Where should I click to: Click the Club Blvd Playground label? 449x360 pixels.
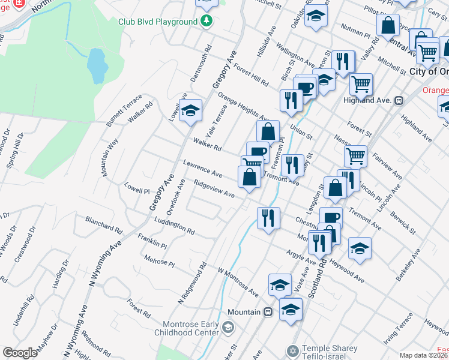[x=157, y=22]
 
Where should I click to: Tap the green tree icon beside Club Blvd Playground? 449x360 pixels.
[x=207, y=22]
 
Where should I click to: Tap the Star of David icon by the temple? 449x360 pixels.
[x=294, y=349]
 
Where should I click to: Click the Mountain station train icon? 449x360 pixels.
[x=268, y=312]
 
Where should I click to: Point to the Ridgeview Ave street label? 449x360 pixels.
[x=214, y=189]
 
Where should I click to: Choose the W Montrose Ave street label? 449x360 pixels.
[x=238, y=282]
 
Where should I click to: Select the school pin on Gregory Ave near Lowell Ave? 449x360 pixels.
[x=191, y=111]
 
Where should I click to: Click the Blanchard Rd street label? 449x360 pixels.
[x=104, y=225]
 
